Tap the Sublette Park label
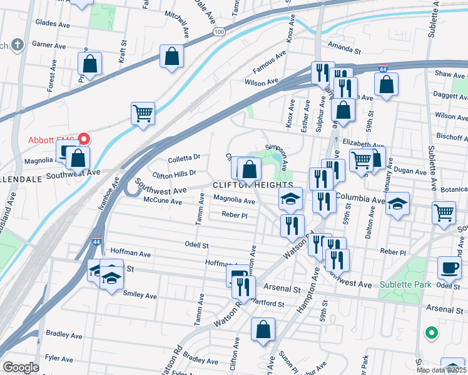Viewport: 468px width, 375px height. tap(405, 284)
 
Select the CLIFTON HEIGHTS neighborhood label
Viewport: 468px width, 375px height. tap(253, 186)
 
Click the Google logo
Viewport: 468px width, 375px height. tap(21, 367)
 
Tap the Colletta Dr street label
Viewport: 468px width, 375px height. tap(185, 157)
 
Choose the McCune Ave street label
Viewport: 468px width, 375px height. tap(163, 202)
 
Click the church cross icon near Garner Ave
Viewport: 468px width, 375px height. tap(18, 45)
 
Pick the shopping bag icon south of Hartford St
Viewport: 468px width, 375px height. tap(263, 329)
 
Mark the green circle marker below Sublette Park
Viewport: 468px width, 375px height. tap(430, 332)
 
